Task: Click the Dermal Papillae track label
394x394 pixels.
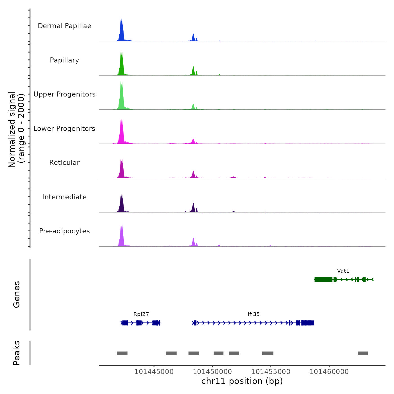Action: tap(64, 26)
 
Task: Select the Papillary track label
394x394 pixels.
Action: tap(64, 60)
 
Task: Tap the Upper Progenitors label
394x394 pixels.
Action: tap(64, 94)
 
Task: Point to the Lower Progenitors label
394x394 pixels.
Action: tap(64, 129)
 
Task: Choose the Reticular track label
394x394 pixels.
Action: tap(64, 163)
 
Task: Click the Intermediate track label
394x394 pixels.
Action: tap(64, 197)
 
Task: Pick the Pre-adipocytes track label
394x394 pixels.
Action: tap(64, 231)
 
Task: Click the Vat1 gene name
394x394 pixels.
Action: tap(343, 271)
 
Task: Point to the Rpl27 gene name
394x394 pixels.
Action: tap(141, 314)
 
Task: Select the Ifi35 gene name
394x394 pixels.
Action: tap(254, 314)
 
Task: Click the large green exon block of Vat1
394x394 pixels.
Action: tap(323, 279)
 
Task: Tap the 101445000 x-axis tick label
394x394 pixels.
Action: tap(154, 372)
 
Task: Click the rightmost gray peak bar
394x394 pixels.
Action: tap(363, 353)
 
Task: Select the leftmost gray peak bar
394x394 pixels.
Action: tap(122, 353)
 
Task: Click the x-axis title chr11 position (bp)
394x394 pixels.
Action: tap(242, 381)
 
